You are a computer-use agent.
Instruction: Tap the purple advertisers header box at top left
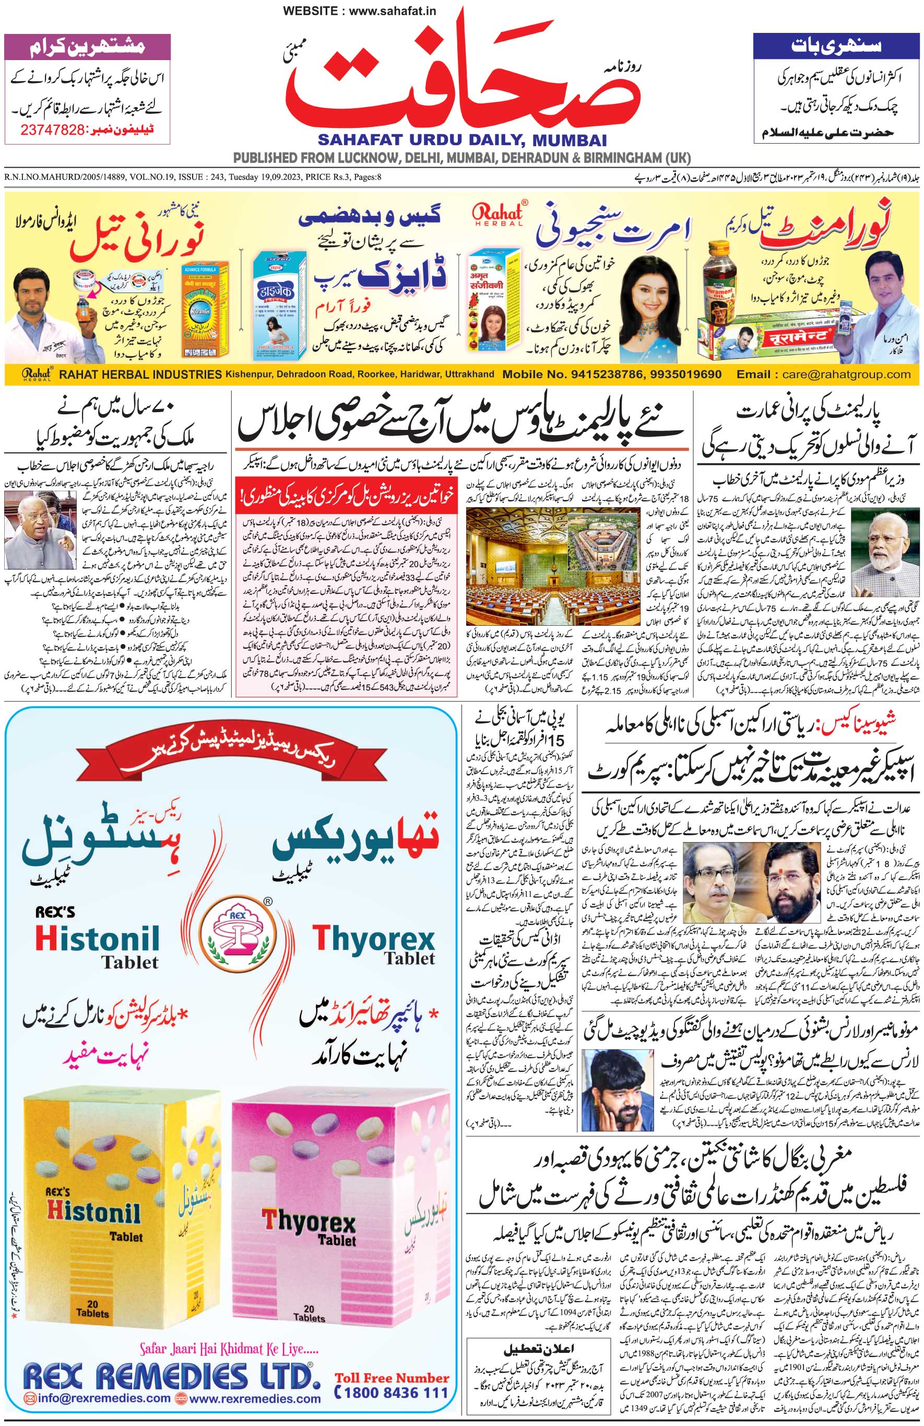pos(87,46)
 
